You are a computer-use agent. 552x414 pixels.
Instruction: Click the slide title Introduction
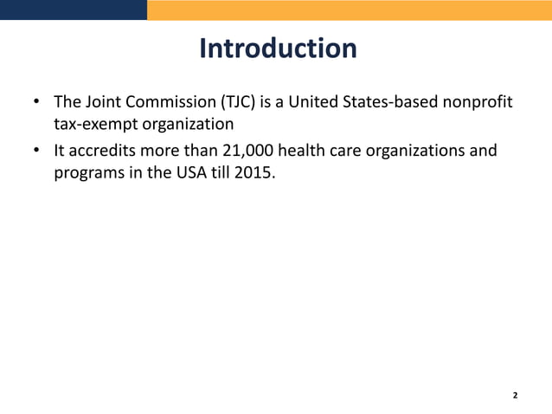(277, 49)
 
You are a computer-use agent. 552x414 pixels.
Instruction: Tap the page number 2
(515, 395)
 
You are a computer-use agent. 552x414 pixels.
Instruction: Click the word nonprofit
(477, 104)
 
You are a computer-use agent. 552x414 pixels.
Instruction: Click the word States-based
(390, 104)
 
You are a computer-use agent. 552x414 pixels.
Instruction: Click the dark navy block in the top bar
(74, 10)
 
